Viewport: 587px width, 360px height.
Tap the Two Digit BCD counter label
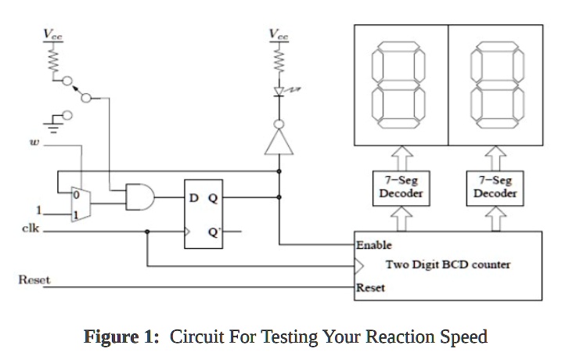tap(448, 265)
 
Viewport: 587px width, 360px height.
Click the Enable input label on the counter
tap(373, 245)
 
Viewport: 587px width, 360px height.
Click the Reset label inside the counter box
tap(370, 288)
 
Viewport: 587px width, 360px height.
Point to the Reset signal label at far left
tap(33, 279)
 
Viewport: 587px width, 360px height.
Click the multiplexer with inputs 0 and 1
tap(80, 203)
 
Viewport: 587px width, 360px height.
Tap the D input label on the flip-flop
tap(194, 197)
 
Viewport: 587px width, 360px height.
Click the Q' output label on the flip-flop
tap(214, 231)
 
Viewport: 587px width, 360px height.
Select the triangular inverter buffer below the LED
tap(279, 142)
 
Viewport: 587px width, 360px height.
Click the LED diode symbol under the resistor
tap(279, 92)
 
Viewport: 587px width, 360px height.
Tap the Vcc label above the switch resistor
tap(53, 34)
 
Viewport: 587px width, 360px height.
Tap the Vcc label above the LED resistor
tap(279, 34)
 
